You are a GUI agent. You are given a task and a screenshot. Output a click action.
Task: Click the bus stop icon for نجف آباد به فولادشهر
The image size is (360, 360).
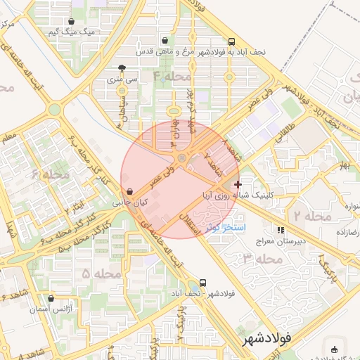232,41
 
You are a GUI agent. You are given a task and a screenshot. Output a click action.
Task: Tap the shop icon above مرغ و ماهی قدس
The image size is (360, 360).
165,41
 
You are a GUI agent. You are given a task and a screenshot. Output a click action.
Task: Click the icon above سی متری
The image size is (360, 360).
123,69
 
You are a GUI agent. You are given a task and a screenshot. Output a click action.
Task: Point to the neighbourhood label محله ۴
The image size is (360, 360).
172,76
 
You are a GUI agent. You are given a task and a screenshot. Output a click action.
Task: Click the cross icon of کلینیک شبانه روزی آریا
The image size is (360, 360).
238,184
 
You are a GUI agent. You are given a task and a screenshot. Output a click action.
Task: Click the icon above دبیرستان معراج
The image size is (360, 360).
281,230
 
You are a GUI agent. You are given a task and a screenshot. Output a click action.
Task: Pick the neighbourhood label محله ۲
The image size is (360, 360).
313,215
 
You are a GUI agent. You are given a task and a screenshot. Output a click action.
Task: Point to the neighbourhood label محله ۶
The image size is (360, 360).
50,174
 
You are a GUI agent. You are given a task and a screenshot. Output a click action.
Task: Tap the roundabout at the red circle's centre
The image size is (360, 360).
182,158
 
